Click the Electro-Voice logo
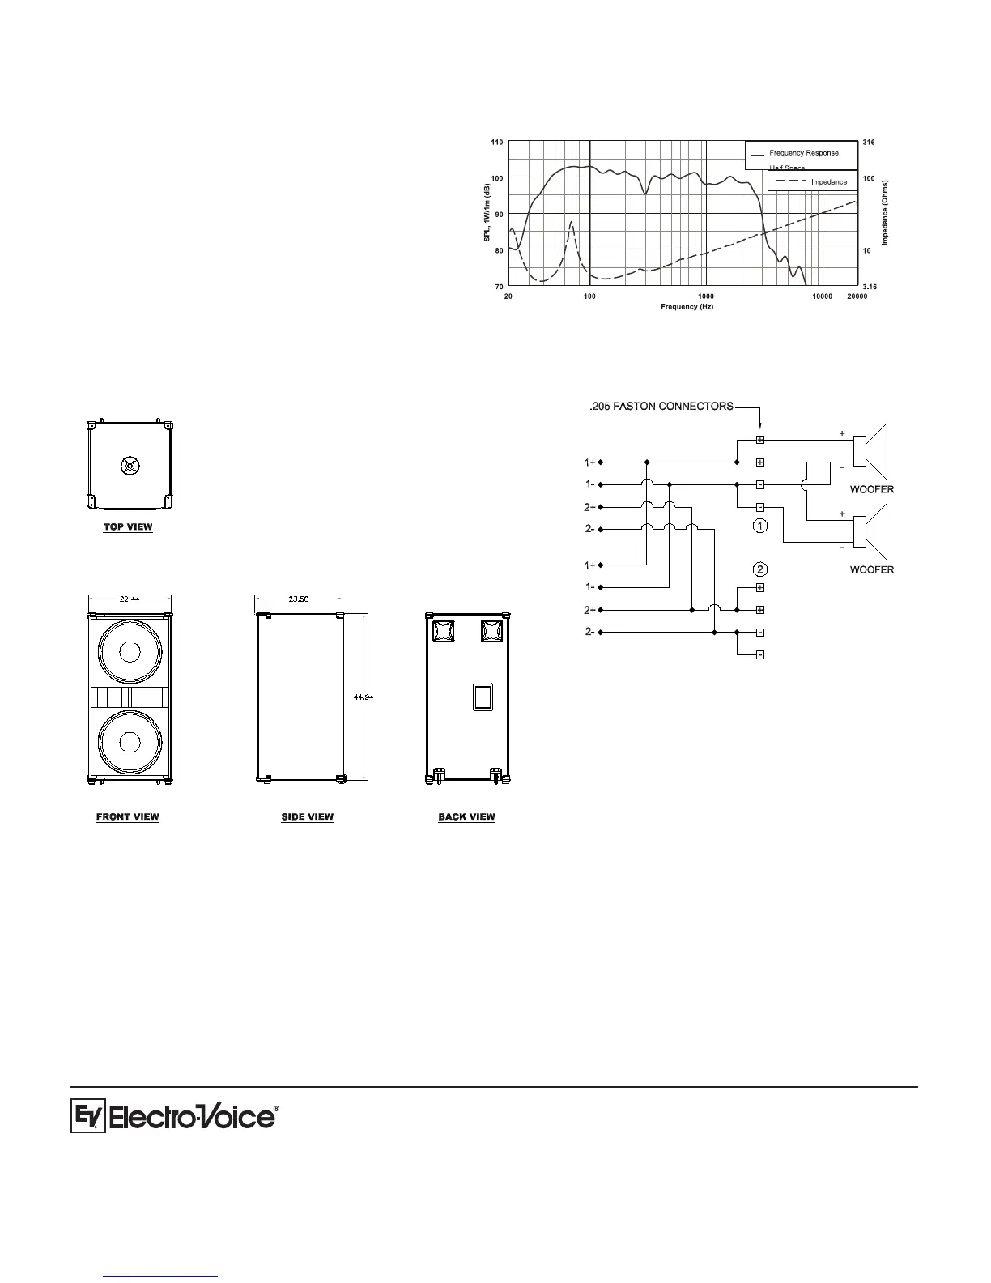pyautogui.click(x=174, y=1117)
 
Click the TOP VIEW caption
pyautogui.click(x=128, y=527)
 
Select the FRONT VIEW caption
pyautogui.click(x=128, y=816)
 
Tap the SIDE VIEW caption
pyautogui.click(x=307, y=816)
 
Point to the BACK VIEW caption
pyautogui.click(x=466, y=816)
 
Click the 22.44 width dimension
pyautogui.click(x=130, y=599)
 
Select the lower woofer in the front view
pyautogui.click(x=130, y=742)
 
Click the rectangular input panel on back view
pyautogui.click(x=483, y=697)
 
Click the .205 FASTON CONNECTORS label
pyautogui.click(x=661, y=406)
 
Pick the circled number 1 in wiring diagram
pyautogui.click(x=759, y=526)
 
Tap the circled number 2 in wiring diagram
pyautogui.click(x=759, y=568)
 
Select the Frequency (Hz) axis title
pyautogui.click(x=687, y=307)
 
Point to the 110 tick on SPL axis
pyautogui.click(x=496, y=143)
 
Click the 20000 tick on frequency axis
pyautogui.click(x=857, y=297)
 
